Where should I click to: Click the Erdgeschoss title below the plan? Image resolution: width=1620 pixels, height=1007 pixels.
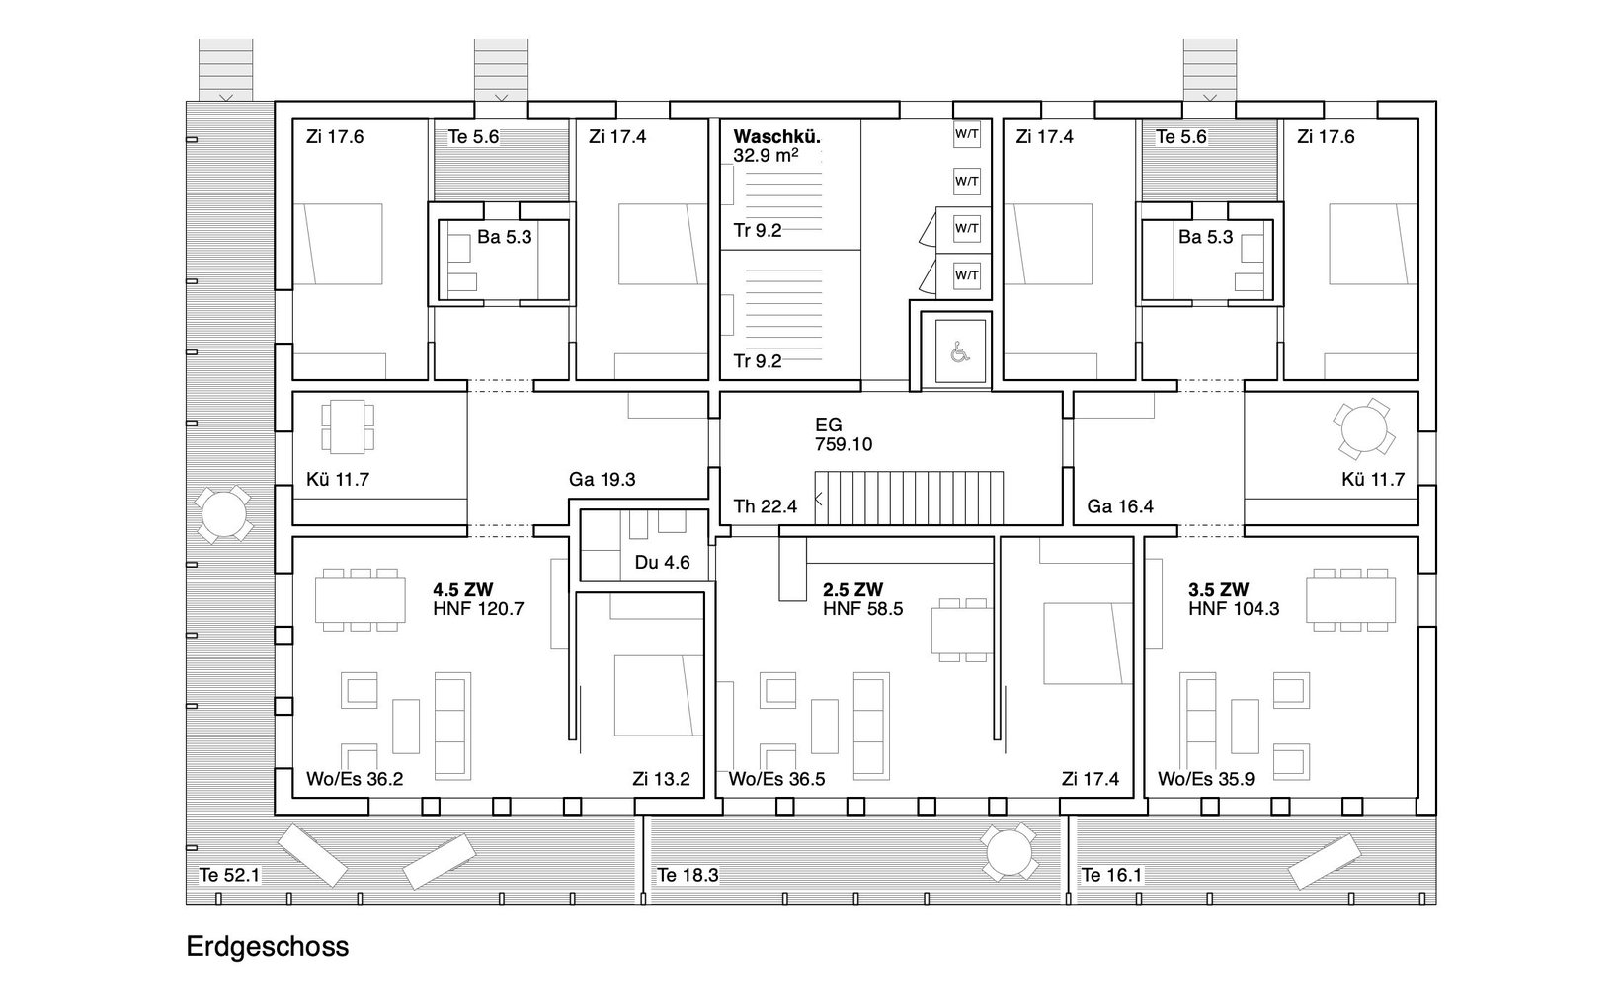click(x=268, y=946)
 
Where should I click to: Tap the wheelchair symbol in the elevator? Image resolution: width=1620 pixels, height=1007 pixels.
click(x=960, y=352)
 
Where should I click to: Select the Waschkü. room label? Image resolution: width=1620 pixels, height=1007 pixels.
click(x=776, y=136)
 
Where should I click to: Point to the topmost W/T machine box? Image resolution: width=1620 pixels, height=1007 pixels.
click(x=967, y=134)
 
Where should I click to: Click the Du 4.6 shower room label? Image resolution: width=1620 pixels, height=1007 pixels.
click(x=663, y=562)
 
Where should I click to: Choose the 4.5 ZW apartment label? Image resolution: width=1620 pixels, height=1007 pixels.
click(x=463, y=590)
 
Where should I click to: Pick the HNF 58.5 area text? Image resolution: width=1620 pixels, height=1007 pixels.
click(x=862, y=609)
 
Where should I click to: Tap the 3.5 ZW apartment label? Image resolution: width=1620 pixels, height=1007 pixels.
click(x=1219, y=590)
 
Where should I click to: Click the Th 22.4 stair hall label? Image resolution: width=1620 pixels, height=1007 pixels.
click(x=766, y=506)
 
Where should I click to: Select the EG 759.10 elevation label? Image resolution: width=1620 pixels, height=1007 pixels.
click(x=844, y=433)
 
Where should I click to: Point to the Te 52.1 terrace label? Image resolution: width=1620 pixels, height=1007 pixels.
click(x=229, y=875)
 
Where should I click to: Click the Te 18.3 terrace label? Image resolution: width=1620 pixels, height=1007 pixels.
click(x=688, y=875)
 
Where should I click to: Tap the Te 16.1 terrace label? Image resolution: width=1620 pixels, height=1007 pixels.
click(x=1111, y=875)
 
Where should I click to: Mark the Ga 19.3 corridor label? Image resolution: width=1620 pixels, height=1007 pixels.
click(x=603, y=479)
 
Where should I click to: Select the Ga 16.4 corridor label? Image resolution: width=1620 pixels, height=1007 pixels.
click(x=1120, y=506)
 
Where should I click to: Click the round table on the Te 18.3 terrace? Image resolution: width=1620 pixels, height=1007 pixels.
click(x=1009, y=852)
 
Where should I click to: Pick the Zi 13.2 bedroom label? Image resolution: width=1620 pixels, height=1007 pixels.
click(x=661, y=779)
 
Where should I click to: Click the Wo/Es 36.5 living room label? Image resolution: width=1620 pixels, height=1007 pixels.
click(x=776, y=779)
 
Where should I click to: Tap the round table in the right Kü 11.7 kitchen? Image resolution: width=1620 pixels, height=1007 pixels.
click(x=1364, y=428)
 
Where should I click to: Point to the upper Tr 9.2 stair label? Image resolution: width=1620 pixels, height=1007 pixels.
click(x=758, y=230)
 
